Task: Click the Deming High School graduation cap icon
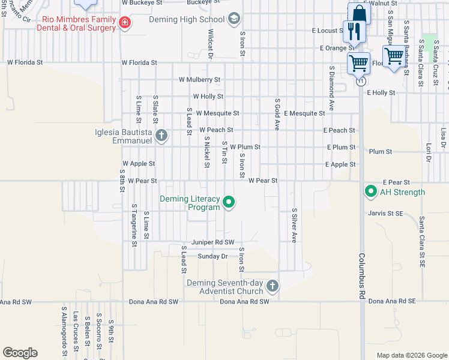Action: coord(234,19)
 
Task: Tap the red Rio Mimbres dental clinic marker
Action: coord(124,23)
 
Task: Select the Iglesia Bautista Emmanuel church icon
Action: coord(161,135)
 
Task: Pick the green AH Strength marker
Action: coord(370,192)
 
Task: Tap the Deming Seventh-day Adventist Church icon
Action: coord(273,286)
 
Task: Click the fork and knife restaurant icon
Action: coord(351,31)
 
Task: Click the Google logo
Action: coord(20,353)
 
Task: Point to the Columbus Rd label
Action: coord(363,276)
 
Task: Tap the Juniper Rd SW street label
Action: coord(212,242)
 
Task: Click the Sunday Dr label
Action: coord(213,256)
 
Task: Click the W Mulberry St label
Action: coord(199,79)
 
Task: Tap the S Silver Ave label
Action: coord(294,225)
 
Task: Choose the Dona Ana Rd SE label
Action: coord(392,301)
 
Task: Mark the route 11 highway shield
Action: coord(361,80)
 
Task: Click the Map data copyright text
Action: coord(411,355)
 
